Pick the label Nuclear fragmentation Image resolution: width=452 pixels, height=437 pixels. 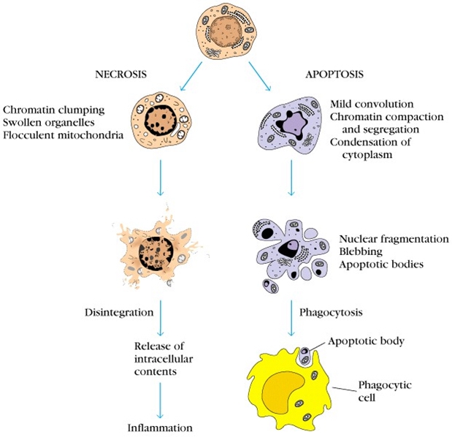(x=394, y=239)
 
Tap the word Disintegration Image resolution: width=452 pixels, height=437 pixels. (x=117, y=313)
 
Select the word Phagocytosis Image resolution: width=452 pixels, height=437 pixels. (x=332, y=312)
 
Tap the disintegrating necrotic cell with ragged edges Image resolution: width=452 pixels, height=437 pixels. (x=158, y=248)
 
